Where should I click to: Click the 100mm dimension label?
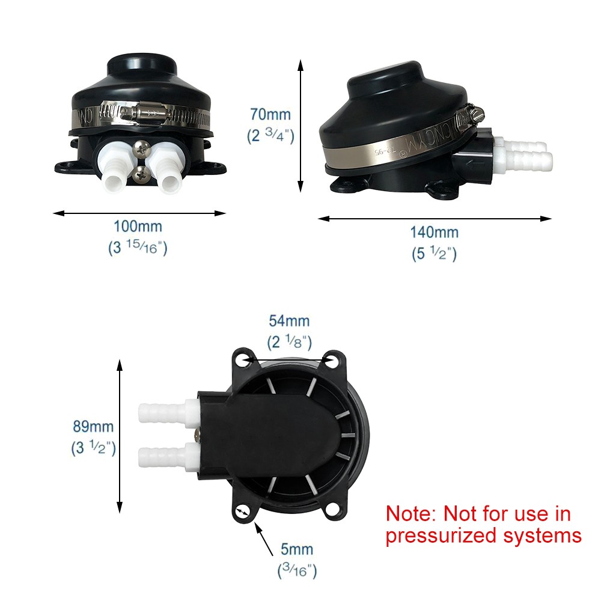pyautogui.click(x=138, y=227)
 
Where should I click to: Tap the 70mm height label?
pyautogui.click(x=270, y=114)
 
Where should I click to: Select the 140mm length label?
pyautogui.click(x=435, y=232)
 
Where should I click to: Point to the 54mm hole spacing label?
pyautogui.click(x=289, y=321)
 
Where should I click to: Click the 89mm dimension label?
pyautogui.click(x=93, y=426)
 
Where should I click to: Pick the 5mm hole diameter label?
pyautogui.click(x=297, y=549)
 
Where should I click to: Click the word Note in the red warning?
pyautogui.click(x=410, y=514)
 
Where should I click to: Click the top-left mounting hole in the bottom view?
pyautogui.click(x=242, y=359)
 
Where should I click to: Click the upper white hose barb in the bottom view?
pyautogui.click(x=168, y=412)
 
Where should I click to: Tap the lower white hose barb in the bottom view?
pyautogui.click(x=168, y=456)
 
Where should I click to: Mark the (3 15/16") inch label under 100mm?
pyautogui.click(x=138, y=248)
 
